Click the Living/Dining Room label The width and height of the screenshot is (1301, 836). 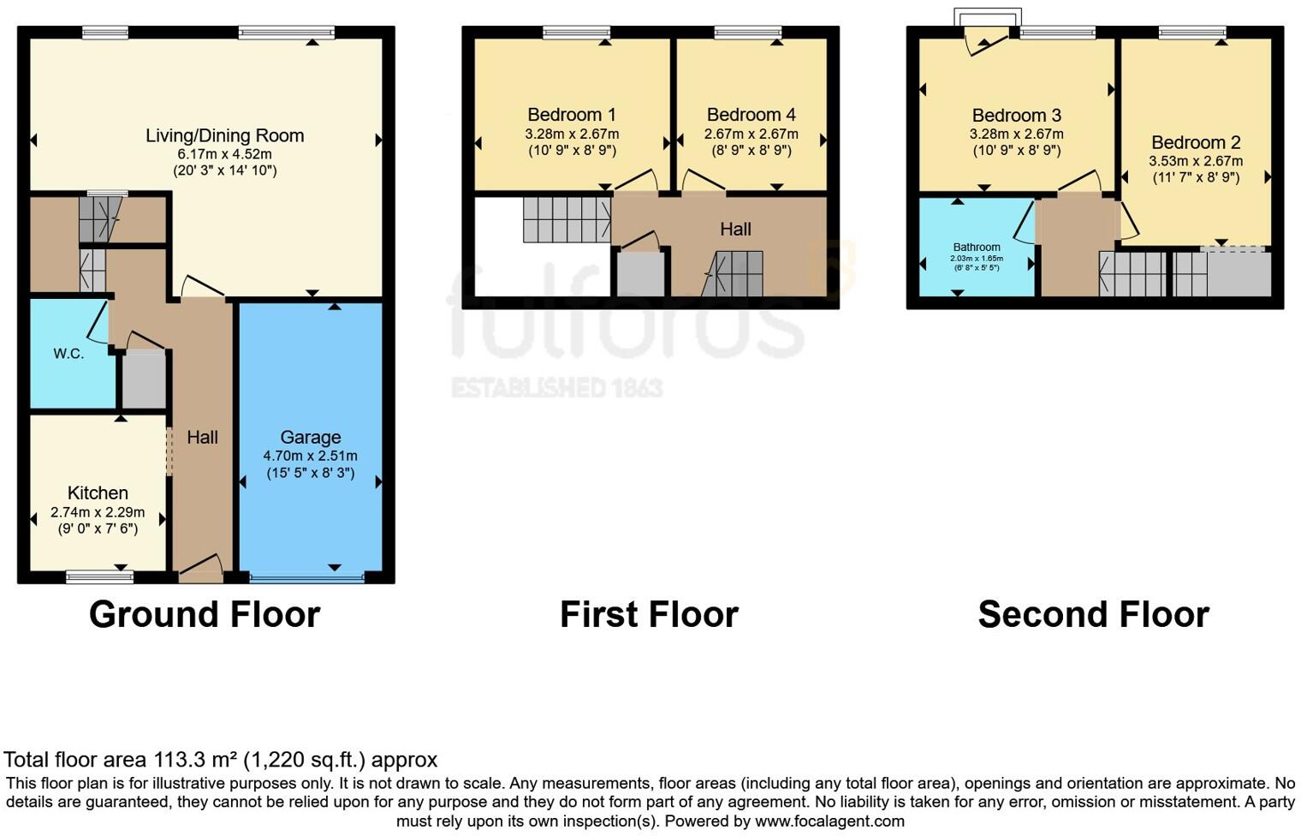click(x=224, y=135)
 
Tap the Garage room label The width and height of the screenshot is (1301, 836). click(x=310, y=437)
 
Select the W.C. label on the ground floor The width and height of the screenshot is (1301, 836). click(x=68, y=354)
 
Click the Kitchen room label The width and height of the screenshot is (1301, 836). click(x=98, y=493)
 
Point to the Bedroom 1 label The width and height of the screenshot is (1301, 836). click(x=571, y=115)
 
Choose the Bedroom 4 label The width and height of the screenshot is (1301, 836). click(x=751, y=115)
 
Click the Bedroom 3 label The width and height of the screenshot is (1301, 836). click(x=1016, y=116)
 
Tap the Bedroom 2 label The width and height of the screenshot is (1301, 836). click(x=1195, y=142)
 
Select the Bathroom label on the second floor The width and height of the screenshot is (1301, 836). click(x=977, y=247)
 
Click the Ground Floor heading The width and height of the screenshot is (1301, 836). click(x=205, y=614)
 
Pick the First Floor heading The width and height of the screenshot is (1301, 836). click(x=649, y=614)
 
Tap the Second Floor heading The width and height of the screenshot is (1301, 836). click(x=1093, y=614)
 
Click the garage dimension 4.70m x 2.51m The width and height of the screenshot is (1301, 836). click(x=310, y=456)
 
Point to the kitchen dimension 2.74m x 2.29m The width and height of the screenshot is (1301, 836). click(x=98, y=512)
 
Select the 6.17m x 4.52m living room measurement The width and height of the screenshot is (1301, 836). click(x=224, y=154)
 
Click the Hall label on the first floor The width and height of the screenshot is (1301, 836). click(x=735, y=229)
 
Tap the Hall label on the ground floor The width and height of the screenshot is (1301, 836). click(x=202, y=437)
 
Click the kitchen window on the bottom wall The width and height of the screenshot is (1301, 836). click(x=100, y=577)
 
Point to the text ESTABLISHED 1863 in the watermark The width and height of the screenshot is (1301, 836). click(x=557, y=388)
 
